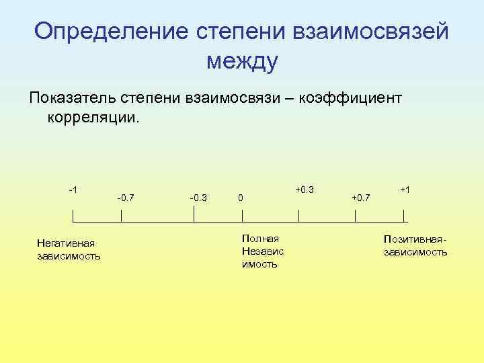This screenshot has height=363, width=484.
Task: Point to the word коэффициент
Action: click(x=359, y=99)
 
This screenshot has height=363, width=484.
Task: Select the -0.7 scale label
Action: click(x=125, y=198)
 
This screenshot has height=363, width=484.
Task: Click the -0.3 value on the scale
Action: click(x=198, y=198)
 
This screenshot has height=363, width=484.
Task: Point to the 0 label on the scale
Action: click(x=241, y=198)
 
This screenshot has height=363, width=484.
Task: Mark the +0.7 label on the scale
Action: click(x=360, y=198)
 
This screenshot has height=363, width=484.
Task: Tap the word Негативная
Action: click(x=67, y=243)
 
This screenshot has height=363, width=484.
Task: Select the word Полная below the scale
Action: click(x=260, y=239)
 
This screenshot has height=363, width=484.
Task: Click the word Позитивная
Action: click(x=414, y=239)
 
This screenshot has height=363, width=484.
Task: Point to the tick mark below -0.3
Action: click(x=194, y=214)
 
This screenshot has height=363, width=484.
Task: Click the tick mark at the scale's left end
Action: click(x=73, y=216)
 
